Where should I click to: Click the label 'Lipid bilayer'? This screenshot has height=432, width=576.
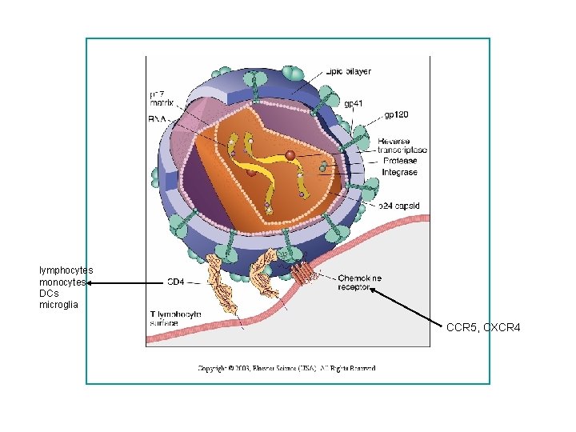pyautogui.click(x=348, y=71)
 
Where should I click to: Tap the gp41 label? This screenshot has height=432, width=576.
pyautogui.click(x=353, y=103)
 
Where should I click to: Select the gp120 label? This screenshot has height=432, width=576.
pyautogui.click(x=398, y=114)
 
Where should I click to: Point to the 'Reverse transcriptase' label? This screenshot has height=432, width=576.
pyautogui.click(x=402, y=145)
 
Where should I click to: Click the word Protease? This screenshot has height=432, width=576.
pyautogui.click(x=399, y=161)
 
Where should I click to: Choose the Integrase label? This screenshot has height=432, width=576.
pyautogui.click(x=399, y=172)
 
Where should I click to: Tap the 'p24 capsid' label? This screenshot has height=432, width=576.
pyautogui.click(x=399, y=206)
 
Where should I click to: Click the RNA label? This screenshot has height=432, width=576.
pyautogui.click(x=158, y=118)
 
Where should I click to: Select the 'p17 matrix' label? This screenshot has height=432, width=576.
pyautogui.click(x=162, y=98)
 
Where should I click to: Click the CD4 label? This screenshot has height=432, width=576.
pyautogui.click(x=175, y=282)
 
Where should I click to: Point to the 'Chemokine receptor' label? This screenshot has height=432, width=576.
pyautogui.click(x=359, y=282)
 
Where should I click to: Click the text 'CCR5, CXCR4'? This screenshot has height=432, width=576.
pyautogui.click(x=483, y=327)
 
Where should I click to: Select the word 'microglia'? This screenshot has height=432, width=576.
pyautogui.click(x=59, y=305)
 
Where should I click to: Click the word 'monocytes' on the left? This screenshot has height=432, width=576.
pyautogui.click(x=62, y=282)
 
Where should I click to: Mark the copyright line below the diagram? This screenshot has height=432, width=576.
pyautogui.click(x=287, y=368)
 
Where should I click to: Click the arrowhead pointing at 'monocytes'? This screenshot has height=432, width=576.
pyautogui.click(x=90, y=282)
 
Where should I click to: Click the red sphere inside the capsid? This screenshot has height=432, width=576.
pyautogui.click(x=290, y=154)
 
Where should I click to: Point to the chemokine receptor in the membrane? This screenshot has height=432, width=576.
pyautogui.click(x=303, y=272)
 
